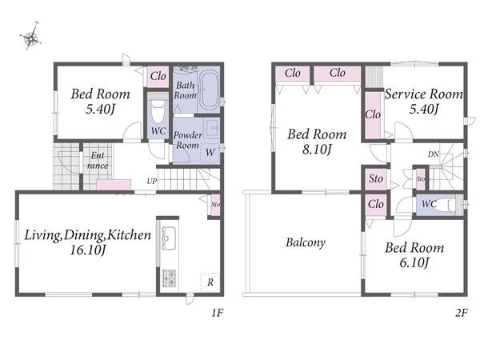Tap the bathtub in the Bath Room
(x=210, y=89)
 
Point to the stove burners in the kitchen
(x=169, y=278)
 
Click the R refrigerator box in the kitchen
(x=210, y=282)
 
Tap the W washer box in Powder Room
(x=210, y=152)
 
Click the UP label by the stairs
(x=152, y=182)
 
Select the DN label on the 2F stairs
(x=434, y=154)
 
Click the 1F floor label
(x=217, y=313)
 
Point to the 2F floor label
(x=461, y=313)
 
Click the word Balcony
(x=306, y=242)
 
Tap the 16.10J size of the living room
(x=88, y=250)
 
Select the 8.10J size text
(x=317, y=150)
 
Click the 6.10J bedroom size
(x=414, y=262)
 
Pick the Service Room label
(x=424, y=94)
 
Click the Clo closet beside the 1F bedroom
(x=158, y=76)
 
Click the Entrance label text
(x=98, y=161)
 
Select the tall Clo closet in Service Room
(x=373, y=114)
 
